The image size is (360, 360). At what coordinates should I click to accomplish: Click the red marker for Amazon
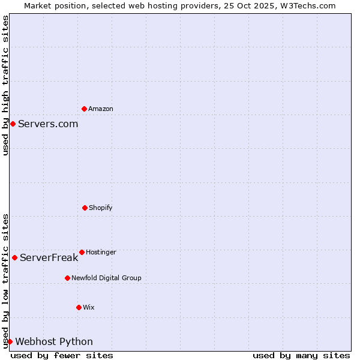coord(84,109)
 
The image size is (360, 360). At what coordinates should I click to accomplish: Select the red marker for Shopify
coord(85,208)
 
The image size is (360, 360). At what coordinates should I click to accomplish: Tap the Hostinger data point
coord(82,252)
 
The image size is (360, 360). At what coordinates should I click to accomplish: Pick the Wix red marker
coord(79,307)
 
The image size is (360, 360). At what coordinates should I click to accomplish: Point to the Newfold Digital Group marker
coord(67,278)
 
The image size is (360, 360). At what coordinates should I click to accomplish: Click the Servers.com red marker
coord(13,124)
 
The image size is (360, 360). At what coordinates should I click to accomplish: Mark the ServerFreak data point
coord(14,257)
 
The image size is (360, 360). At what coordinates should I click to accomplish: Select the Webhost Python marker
coord(10,341)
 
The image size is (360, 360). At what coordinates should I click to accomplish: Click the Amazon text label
coord(101,109)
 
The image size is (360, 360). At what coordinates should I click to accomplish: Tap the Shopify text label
coord(101,208)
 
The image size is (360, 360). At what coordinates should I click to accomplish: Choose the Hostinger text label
coord(101,253)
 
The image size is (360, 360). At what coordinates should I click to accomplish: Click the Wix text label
coord(89,308)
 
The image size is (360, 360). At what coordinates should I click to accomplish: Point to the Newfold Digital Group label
coord(106,278)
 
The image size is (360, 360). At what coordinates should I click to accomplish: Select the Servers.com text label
coord(48,124)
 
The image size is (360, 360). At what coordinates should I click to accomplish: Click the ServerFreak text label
coord(49,258)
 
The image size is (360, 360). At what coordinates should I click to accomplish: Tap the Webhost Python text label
coord(54,342)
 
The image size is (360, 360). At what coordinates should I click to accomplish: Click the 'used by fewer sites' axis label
coord(62,355)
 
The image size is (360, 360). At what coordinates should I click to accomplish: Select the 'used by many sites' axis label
coord(301,355)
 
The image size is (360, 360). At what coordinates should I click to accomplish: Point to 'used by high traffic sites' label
coord(5,85)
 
